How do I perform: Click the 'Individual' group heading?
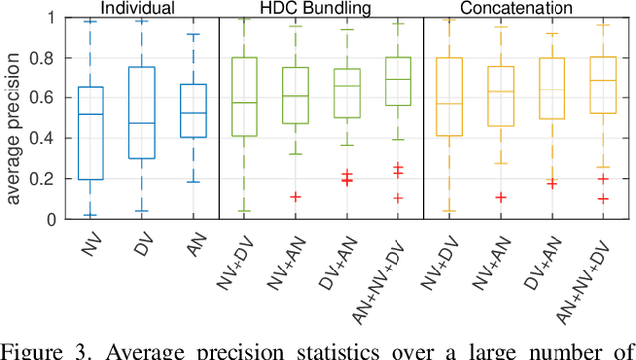(134, 9)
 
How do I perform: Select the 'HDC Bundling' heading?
(321, 9)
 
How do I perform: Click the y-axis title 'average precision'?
(14, 118)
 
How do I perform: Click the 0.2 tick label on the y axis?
(53, 179)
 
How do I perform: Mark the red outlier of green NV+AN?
(295, 197)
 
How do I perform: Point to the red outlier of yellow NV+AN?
(501, 197)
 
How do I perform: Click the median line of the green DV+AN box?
(346, 86)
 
